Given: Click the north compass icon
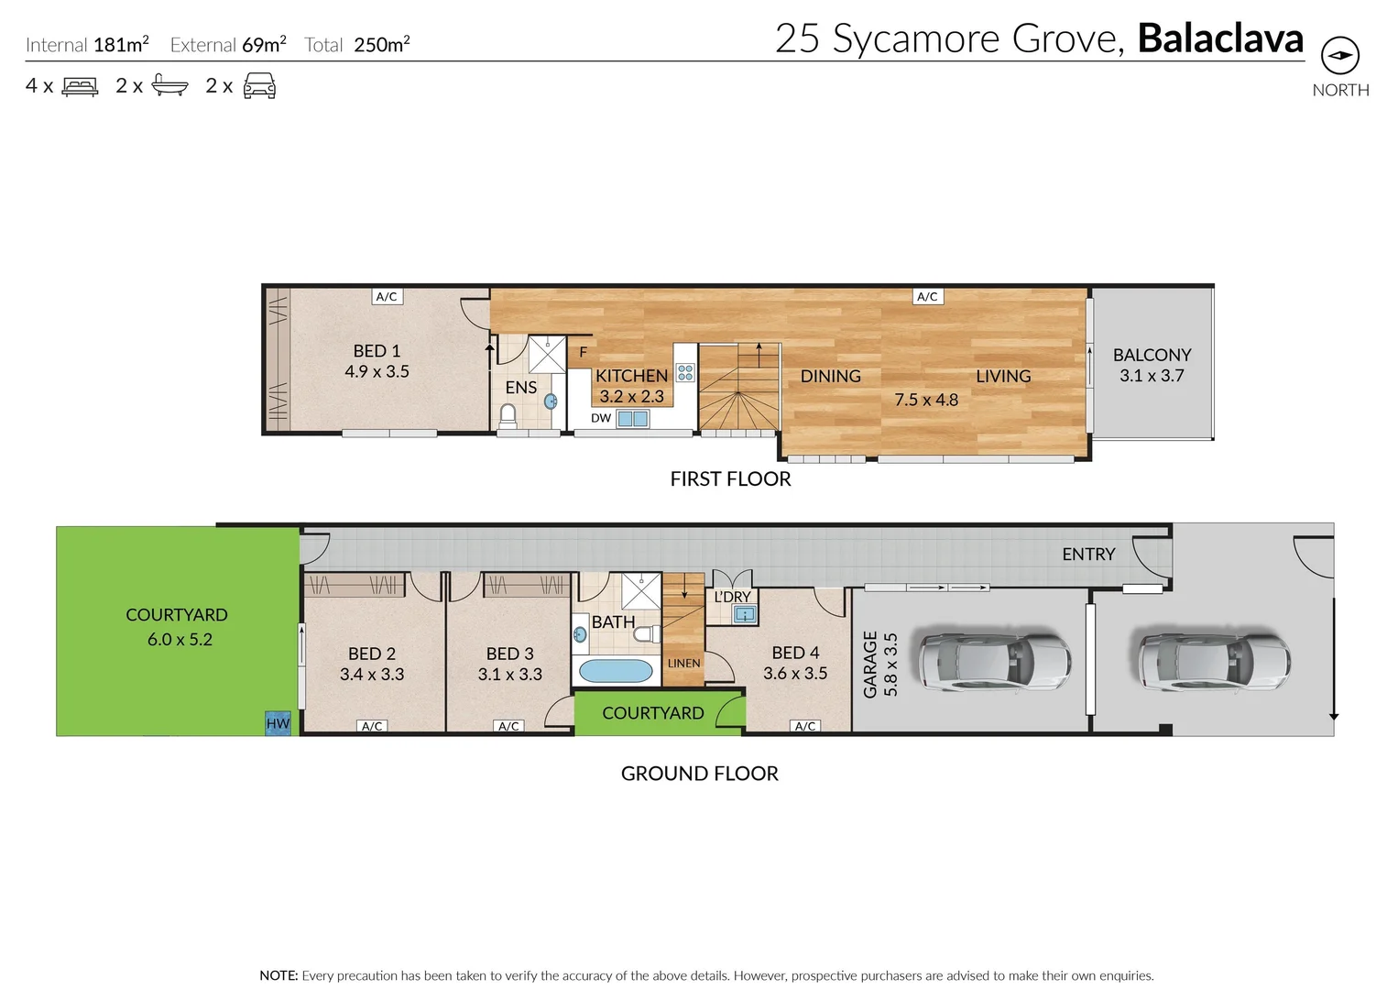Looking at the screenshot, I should (x=1339, y=56).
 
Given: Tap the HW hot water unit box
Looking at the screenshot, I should (x=278, y=723).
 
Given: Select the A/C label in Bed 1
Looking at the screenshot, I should (x=387, y=296).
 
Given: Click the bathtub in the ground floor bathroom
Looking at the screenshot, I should (x=616, y=671).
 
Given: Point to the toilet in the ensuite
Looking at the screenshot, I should (x=508, y=416).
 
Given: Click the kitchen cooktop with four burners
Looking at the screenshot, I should (x=685, y=372).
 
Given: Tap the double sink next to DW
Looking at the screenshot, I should (x=632, y=419).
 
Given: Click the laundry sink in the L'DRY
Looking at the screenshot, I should (x=745, y=615).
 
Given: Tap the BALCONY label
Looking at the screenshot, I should (x=1152, y=355).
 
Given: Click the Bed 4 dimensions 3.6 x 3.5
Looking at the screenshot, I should (x=795, y=674).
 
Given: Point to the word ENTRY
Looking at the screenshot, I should (x=1088, y=555).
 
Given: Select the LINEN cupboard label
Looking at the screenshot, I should (x=683, y=663).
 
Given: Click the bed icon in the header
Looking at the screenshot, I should (x=80, y=87).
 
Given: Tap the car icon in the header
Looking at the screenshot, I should (x=259, y=87).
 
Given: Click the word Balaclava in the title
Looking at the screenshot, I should (x=1220, y=38).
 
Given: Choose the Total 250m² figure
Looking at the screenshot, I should (x=381, y=45).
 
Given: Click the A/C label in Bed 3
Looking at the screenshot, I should (x=508, y=726).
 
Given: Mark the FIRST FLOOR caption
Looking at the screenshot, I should (x=730, y=478).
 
